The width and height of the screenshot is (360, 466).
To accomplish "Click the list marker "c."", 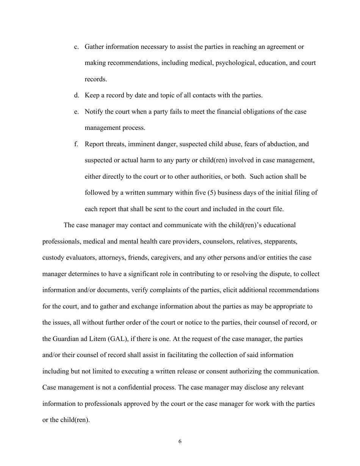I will [x=77, y=47].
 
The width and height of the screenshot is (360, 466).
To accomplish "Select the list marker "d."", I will [x=77, y=95].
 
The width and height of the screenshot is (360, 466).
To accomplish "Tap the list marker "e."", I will [x=77, y=112].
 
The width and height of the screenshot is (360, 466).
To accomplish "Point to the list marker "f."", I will [x=76, y=144].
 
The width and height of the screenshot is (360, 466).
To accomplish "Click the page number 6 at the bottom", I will [x=180, y=441].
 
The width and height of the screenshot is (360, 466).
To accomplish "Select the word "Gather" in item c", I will [x=94, y=47].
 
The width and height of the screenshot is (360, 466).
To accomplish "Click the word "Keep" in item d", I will [x=92, y=95].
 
